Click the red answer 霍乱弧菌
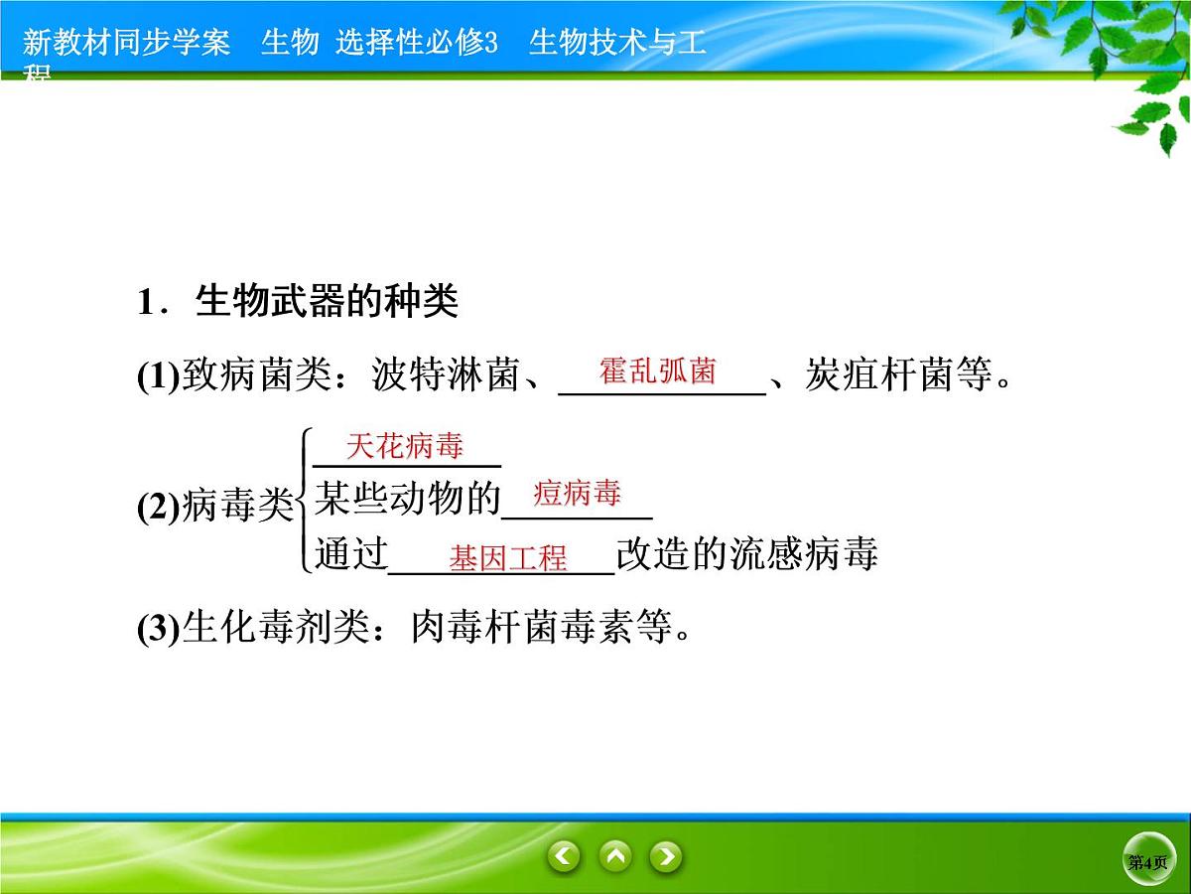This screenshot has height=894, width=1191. [x=657, y=372]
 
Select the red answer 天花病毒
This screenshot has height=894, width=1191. [x=405, y=447]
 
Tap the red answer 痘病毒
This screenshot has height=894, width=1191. [x=577, y=493]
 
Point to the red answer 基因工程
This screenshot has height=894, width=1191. [x=508, y=557]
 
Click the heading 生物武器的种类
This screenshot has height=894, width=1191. [x=327, y=302]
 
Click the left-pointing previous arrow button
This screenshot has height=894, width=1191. [x=565, y=855]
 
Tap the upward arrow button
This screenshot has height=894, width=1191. [x=615, y=855]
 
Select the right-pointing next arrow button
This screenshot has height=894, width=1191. [x=666, y=855]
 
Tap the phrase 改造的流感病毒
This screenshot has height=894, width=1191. [x=746, y=554]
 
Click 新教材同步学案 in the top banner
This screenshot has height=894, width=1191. [x=126, y=43]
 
